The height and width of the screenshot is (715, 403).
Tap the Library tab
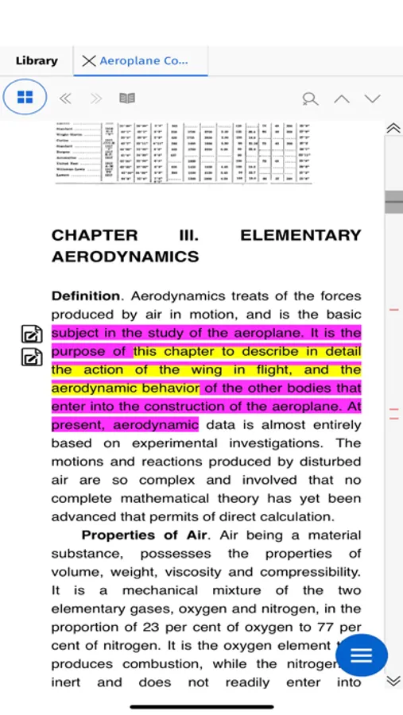pos(37,60)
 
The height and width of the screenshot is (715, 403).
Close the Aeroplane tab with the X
pos(88,60)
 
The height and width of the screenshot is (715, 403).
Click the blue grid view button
pos(25,98)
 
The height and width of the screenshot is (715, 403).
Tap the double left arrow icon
pos(65,99)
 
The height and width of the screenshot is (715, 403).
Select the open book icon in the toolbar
pos(127,99)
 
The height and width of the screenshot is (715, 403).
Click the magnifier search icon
pos(310,99)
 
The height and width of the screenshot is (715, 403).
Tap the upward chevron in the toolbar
pos(341,99)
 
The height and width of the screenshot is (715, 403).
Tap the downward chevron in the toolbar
pos(372,99)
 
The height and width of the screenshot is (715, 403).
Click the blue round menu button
pos(362,655)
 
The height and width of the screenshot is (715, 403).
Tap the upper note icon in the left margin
pos(31,334)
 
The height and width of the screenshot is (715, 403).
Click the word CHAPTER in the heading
pos(95,235)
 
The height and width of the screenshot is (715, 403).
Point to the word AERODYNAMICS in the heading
pos(125,257)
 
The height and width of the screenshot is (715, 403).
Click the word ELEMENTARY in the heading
pos(300,235)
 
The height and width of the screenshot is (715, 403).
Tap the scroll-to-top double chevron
pos(393,128)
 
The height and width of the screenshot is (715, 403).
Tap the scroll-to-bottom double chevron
pos(393,681)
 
